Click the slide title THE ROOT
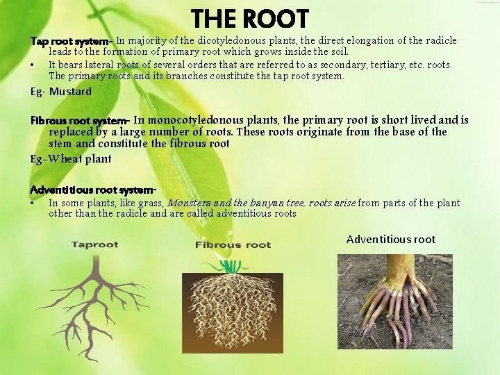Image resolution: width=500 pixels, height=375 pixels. point(249,19)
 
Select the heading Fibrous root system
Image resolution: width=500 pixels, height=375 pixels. point(79,120)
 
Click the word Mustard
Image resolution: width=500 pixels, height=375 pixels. point(70,91)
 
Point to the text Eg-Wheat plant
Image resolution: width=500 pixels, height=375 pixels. point(70,158)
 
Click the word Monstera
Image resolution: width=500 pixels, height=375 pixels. point(189,203)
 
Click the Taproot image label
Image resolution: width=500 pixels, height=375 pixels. point(95,244)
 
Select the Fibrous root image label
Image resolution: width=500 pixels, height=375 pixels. point(233,244)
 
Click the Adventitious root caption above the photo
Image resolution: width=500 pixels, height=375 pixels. point(390,240)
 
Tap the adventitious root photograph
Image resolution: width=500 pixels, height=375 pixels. point(394,301)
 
